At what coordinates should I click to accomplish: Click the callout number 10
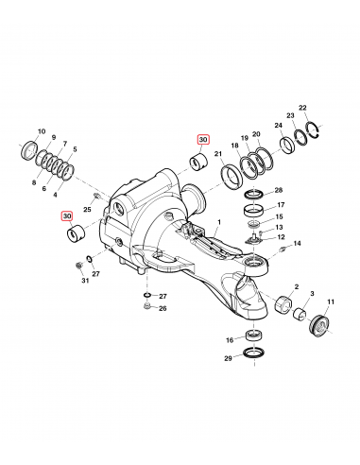pos(42,131)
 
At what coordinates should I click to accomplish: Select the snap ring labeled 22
pos(315,129)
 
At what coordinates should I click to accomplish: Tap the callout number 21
pos(218,154)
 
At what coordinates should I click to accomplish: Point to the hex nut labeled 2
pos(283,303)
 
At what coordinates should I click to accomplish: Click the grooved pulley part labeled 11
pos(319,325)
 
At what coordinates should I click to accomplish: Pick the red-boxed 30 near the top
pos(203,140)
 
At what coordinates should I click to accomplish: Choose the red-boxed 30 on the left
pos(67,216)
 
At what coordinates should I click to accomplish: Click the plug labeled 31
pos(79,266)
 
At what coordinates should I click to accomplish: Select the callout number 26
pos(163,308)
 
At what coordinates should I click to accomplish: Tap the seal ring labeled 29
pos(253,352)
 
